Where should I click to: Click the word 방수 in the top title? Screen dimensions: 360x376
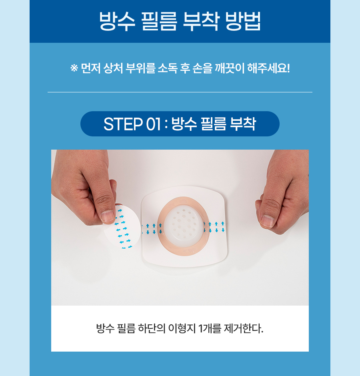pyautogui.click(x=117, y=21)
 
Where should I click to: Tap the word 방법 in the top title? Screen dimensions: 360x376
pyautogui.click(x=243, y=21)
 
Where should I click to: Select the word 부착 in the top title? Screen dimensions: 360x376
pyautogui.click(x=201, y=21)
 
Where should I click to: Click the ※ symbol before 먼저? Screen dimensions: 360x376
pyautogui.click(x=74, y=68)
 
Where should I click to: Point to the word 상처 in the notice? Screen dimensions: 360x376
pyautogui.click(x=113, y=68)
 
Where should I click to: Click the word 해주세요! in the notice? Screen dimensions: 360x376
pyautogui.click(x=268, y=68)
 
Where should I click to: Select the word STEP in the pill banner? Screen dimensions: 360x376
pyautogui.click(x=123, y=124)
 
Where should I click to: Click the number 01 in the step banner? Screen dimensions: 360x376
pyautogui.click(x=153, y=124)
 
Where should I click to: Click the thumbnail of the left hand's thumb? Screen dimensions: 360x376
pyautogui.click(x=108, y=216)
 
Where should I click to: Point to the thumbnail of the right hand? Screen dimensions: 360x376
pyautogui.click(x=267, y=221)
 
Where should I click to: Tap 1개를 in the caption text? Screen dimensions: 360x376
pyautogui.click(x=210, y=328)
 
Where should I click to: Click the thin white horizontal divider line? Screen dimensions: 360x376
pyautogui.click(x=180, y=92)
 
